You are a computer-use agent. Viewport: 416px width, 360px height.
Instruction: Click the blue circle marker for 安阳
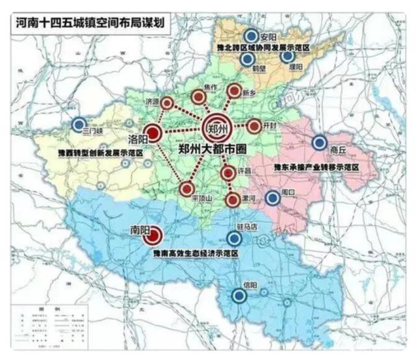click(250, 36)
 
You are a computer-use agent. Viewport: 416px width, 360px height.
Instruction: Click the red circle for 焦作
click(199, 98)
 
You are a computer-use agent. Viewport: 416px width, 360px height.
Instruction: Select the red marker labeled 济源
click(168, 103)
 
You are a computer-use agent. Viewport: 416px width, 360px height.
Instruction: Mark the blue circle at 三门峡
click(79, 123)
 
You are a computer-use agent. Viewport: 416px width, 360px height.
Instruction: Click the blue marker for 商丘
click(319, 143)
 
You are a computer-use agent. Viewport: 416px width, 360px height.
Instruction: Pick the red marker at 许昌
click(227, 174)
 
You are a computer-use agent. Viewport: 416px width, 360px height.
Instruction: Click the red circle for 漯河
click(233, 199)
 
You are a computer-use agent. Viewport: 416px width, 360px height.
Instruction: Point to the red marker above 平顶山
click(187, 188)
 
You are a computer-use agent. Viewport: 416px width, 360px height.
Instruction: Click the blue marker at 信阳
click(240, 296)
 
